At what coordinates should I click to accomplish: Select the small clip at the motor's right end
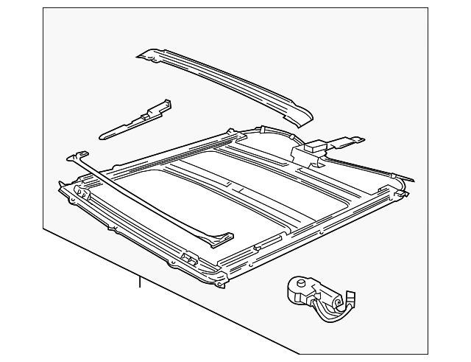tap(351, 300)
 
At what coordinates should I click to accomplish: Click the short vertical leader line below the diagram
tap(138, 281)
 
